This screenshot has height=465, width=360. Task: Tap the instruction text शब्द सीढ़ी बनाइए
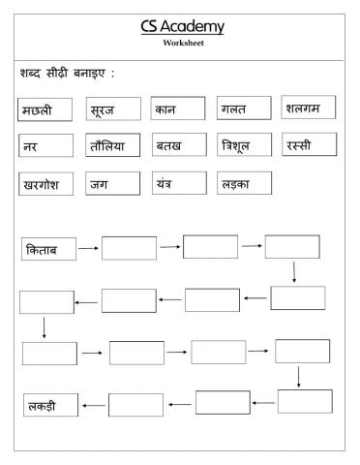click(67, 73)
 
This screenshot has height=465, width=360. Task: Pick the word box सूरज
click(111, 109)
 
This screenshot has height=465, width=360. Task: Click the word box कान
click(178, 108)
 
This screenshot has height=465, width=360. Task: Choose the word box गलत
click(244, 108)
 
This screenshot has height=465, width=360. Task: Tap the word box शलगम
click(309, 108)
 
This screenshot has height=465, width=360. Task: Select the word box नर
click(45, 145)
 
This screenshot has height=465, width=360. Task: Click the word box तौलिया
click(111, 145)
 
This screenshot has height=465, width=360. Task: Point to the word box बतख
click(178, 145)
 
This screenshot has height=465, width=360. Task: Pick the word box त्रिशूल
click(244, 145)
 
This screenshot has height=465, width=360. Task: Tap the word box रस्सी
click(309, 144)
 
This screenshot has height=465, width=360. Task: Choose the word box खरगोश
click(45, 183)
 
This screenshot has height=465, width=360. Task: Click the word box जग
click(111, 183)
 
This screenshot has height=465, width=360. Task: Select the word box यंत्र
click(178, 182)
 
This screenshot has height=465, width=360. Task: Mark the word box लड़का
click(244, 182)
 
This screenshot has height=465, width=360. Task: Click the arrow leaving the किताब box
click(88, 249)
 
